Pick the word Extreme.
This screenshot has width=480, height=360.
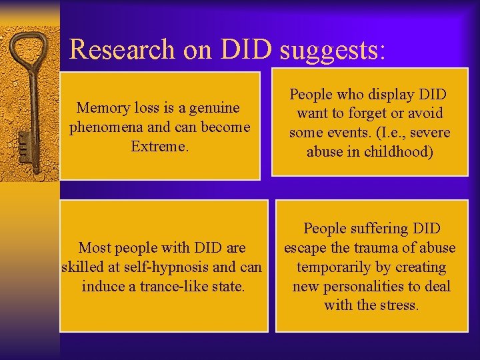(x=159, y=145)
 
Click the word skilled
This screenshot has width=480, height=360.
(x=80, y=267)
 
